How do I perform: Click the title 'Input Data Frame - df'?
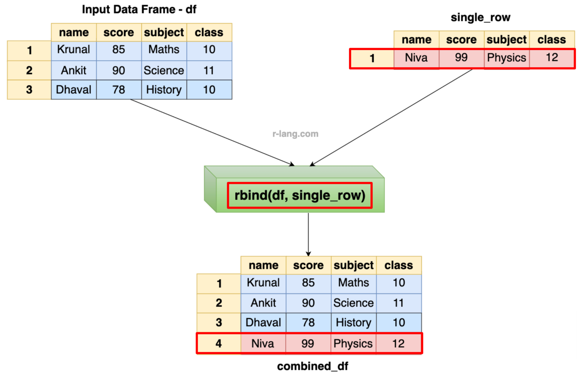point(139,9)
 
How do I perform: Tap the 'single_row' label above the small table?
point(480,18)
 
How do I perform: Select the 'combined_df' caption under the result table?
point(313,366)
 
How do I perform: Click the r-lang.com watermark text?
point(295,134)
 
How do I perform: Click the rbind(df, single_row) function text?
point(300,195)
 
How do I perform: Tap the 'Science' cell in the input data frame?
point(164,70)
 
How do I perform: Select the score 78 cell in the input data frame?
point(119,90)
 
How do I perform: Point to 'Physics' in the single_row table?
point(506,58)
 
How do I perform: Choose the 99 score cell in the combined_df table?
point(308,343)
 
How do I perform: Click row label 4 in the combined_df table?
point(219,343)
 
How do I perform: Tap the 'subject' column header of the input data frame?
point(164,33)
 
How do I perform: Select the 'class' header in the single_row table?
point(551,40)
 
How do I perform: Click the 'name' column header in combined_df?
point(263,265)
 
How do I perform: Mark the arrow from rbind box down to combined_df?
point(308,234)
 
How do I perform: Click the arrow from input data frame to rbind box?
point(212,132)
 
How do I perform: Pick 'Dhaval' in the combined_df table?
point(263,323)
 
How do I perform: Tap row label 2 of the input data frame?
point(29,70)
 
